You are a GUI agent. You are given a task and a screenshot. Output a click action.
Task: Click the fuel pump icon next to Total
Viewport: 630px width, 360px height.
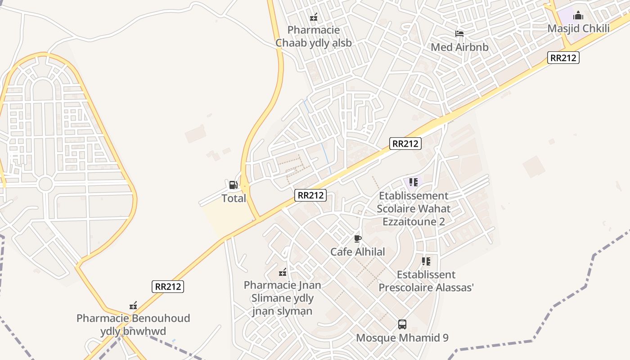[x=233, y=185]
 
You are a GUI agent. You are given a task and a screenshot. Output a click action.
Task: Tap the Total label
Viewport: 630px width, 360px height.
[x=234, y=198]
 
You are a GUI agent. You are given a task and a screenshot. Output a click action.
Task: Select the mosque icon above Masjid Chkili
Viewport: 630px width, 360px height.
[x=578, y=16]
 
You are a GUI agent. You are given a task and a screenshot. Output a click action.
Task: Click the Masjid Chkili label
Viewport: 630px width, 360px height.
[x=578, y=29]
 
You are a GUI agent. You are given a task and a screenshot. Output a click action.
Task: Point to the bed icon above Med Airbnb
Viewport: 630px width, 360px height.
[x=459, y=34]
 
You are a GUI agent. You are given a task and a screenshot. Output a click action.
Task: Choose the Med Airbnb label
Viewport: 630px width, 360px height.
[x=459, y=47]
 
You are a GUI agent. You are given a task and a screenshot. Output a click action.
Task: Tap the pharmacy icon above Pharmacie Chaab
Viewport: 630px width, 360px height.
[x=314, y=17]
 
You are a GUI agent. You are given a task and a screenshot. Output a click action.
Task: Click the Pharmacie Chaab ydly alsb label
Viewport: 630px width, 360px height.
[x=313, y=36]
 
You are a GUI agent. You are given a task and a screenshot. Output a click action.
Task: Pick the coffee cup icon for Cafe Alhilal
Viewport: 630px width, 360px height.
[x=358, y=238]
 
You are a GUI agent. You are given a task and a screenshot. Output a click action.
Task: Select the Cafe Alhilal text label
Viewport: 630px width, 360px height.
[x=358, y=252]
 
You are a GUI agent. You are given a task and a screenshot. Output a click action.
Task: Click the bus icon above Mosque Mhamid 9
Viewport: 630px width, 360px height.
[x=402, y=324]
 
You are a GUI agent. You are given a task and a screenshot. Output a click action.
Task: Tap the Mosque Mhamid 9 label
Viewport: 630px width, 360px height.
[x=402, y=338]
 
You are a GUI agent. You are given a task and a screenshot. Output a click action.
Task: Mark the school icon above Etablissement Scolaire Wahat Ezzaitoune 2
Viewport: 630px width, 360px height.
[x=414, y=182]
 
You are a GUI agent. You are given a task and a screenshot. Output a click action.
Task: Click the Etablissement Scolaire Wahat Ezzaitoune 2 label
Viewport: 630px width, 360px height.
[x=413, y=209]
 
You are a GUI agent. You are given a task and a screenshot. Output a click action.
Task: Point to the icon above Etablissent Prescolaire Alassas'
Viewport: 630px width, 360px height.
[x=426, y=261]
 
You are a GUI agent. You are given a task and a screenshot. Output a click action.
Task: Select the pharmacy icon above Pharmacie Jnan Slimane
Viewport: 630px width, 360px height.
[x=283, y=272]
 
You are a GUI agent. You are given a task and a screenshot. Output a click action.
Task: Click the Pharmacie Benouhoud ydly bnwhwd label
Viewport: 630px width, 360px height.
[x=133, y=325]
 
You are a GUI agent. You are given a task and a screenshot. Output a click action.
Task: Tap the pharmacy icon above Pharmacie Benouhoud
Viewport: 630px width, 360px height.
[x=133, y=306]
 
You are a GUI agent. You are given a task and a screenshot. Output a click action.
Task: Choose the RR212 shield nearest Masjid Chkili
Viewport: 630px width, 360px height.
[x=563, y=58]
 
